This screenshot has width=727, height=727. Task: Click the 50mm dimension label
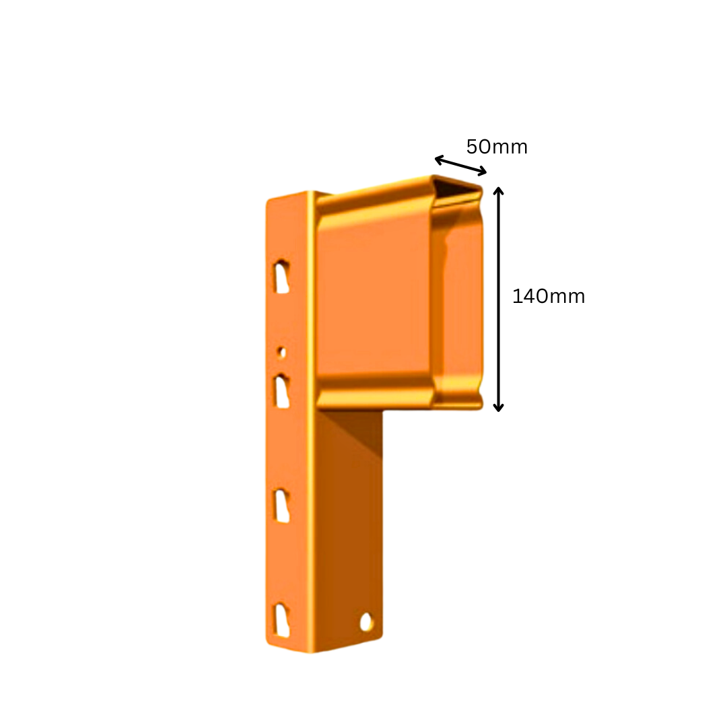497,147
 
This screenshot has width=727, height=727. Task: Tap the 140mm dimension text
548,296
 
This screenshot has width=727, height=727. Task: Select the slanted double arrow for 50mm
460,165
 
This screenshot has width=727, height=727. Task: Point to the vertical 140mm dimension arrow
498,299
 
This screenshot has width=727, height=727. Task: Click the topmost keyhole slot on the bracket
281,276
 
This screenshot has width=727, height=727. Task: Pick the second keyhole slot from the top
281,391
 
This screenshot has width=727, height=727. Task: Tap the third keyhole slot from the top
281,506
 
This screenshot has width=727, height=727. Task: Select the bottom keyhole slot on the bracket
281,620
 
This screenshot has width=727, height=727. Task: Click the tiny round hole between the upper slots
281,352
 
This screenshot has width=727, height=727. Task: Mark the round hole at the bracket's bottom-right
367,622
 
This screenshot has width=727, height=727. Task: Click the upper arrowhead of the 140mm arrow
498,191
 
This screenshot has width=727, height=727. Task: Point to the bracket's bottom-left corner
271,644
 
